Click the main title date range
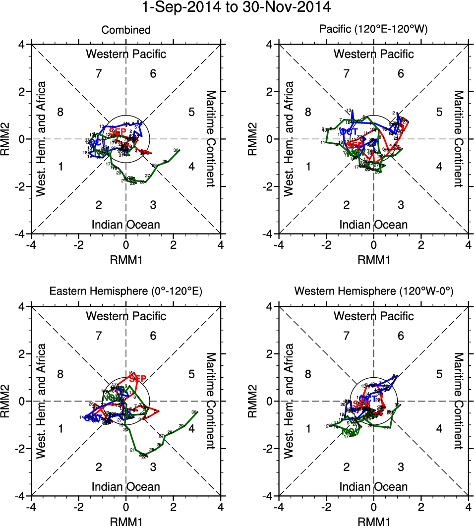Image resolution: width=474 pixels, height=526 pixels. click(x=237, y=8)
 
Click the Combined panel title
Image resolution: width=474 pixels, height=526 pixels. click(x=126, y=30)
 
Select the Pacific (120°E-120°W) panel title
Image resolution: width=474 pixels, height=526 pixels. click(x=373, y=30)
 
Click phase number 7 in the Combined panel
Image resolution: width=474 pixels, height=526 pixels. click(x=99, y=74)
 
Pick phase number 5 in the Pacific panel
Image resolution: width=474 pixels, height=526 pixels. click(x=439, y=112)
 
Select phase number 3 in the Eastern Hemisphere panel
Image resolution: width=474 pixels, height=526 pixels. click(x=153, y=467)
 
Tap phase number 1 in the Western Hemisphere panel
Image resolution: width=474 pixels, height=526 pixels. click(x=308, y=429)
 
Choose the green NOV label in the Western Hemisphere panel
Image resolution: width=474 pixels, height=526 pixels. click(x=350, y=432)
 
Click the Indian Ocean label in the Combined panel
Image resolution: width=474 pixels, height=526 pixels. click(x=126, y=225)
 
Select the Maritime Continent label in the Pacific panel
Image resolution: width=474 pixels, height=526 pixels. click(x=459, y=139)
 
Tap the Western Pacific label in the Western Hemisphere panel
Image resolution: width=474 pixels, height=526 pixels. click(x=373, y=316)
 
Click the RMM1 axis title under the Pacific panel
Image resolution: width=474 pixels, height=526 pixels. click(x=373, y=258)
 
